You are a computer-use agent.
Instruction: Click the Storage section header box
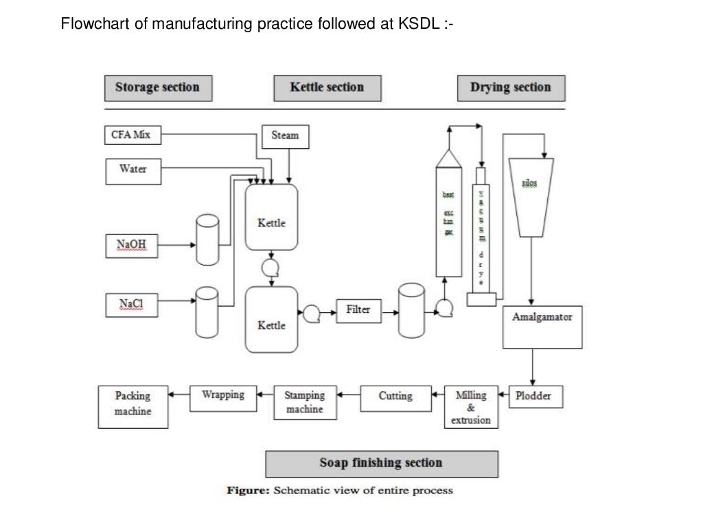point(158,88)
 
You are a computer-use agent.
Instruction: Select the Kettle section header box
point(327,88)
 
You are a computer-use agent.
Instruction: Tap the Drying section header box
point(511,88)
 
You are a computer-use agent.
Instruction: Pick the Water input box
point(133,171)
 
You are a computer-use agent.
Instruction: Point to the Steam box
point(286,136)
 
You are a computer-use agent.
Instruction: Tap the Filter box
point(358,311)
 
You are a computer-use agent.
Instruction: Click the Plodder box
point(533,397)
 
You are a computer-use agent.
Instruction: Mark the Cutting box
point(395,397)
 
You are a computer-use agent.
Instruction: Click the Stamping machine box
point(304,403)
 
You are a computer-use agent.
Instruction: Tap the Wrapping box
point(223,396)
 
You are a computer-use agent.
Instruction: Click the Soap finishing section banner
point(382,463)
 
